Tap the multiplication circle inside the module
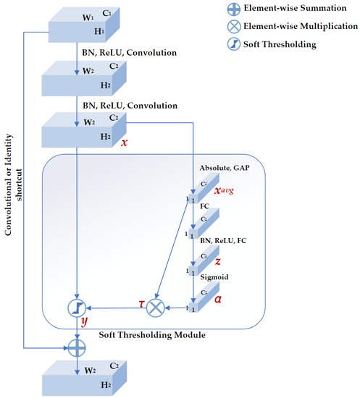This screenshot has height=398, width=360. coord(154,308)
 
